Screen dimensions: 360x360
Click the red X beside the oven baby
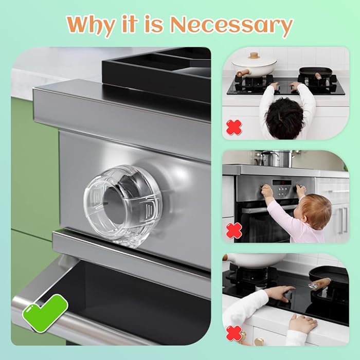[233, 230]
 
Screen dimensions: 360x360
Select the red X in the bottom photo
[234, 334]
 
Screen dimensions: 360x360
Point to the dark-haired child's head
[284, 118]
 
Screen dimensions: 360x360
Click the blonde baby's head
[314, 210]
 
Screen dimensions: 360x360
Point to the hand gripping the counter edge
[302, 323]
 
